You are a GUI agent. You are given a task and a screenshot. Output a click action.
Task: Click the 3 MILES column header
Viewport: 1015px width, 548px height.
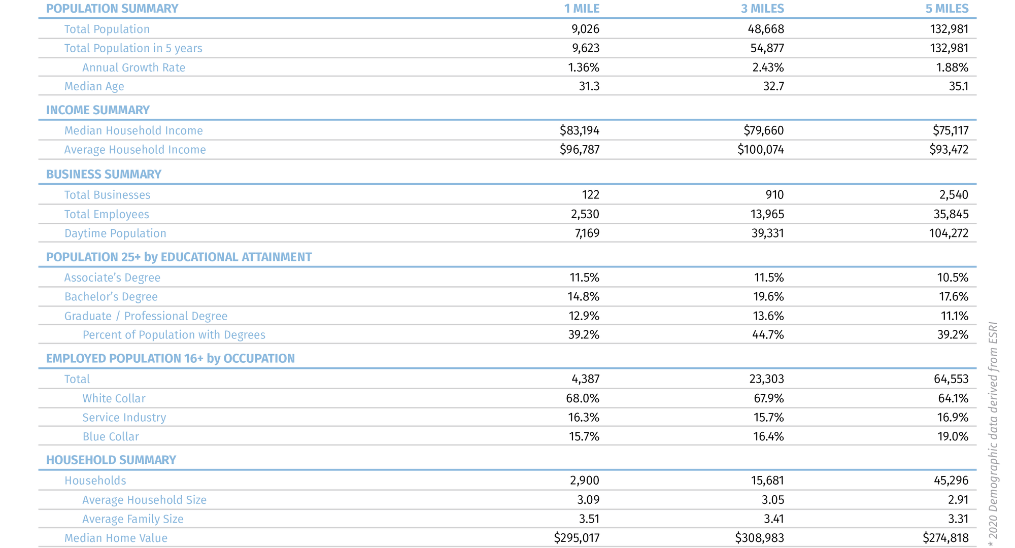(x=762, y=9)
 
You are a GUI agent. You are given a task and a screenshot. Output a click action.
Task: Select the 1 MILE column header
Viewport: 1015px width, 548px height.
(x=582, y=9)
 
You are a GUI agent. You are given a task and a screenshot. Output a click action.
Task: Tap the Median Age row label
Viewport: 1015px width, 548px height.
(x=94, y=86)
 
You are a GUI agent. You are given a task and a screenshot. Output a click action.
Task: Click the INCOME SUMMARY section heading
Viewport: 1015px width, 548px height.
(x=97, y=110)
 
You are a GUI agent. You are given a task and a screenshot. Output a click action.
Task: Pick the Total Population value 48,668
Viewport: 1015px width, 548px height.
(x=767, y=29)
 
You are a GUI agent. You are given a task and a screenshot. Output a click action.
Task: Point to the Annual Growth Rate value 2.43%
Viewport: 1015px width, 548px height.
(x=768, y=67)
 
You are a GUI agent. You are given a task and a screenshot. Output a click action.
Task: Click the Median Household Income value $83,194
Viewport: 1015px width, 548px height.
(x=579, y=130)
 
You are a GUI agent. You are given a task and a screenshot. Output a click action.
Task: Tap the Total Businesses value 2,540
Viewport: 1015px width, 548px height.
(x=951, y=195)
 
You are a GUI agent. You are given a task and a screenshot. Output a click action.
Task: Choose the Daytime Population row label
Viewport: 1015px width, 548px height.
(x=115, y=233)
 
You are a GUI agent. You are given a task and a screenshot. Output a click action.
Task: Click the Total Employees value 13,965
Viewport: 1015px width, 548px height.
(x=767, y=214)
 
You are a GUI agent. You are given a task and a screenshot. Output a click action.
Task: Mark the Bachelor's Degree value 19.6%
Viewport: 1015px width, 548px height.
(x=768, y=297)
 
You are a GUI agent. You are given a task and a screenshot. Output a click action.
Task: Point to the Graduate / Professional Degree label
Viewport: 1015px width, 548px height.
(x=146, y=316)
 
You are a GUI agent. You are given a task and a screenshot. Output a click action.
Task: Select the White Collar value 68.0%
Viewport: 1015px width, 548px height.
(x=582, y=398)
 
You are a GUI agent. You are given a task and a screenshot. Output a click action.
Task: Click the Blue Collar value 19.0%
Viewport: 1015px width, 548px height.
(x=953, y=436)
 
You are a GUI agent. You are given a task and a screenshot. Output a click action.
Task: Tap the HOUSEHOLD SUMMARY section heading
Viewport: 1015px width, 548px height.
(x=111, y=460)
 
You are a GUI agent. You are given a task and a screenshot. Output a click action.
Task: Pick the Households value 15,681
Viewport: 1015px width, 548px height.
(x=767, y=481)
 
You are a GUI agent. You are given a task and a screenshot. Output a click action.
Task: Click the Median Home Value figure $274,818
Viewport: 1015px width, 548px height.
(x=945, y=538)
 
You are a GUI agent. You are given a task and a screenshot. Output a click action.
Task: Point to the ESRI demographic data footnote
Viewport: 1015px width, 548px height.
(x=993, y=434)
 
